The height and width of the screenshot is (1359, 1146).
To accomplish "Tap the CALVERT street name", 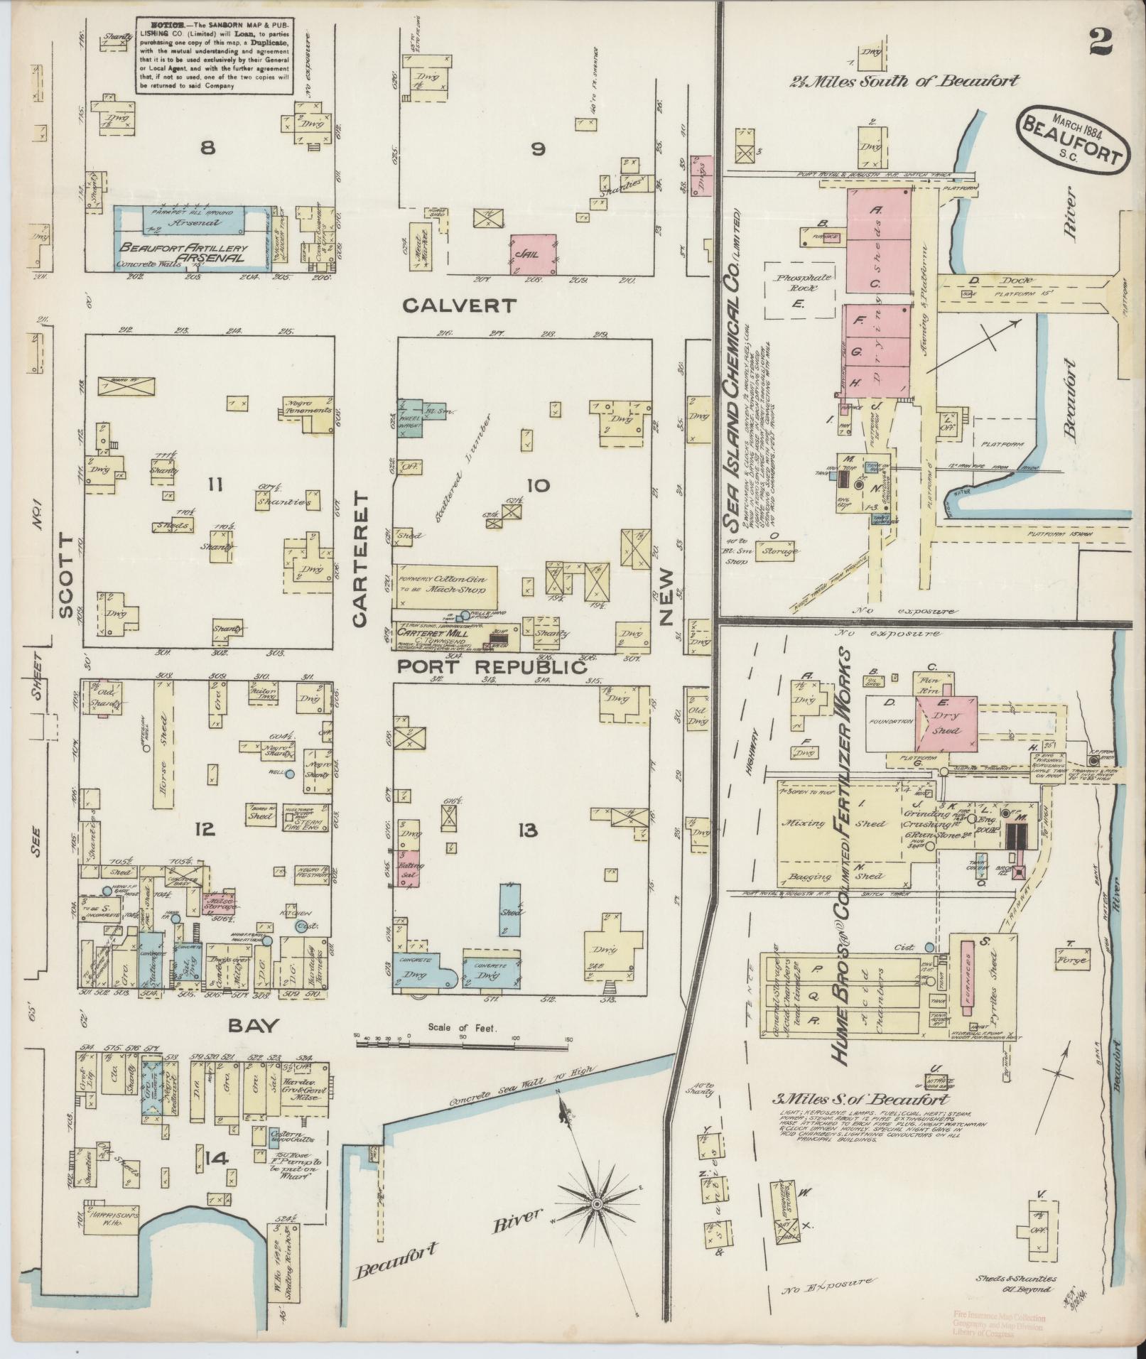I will pos(458,305).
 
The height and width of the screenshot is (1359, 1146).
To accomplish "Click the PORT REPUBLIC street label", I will pos(492,668).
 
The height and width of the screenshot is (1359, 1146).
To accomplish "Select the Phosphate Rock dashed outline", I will pos(799,289).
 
